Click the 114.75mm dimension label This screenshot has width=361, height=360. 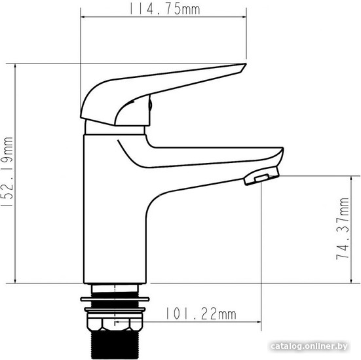click(x=164, y=9)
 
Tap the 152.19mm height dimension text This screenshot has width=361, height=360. click(x=8, y=172)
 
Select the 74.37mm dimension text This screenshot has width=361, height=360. click(x=343, y=228)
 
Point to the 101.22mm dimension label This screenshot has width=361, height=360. click(x=201, y=314)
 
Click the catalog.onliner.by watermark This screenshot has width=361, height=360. click(x=309, y=346)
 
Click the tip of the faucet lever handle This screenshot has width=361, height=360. click(x=246, y=64)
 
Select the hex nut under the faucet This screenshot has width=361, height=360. click(x=115, y=324)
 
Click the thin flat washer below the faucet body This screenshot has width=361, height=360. click(x=115, y=299)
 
